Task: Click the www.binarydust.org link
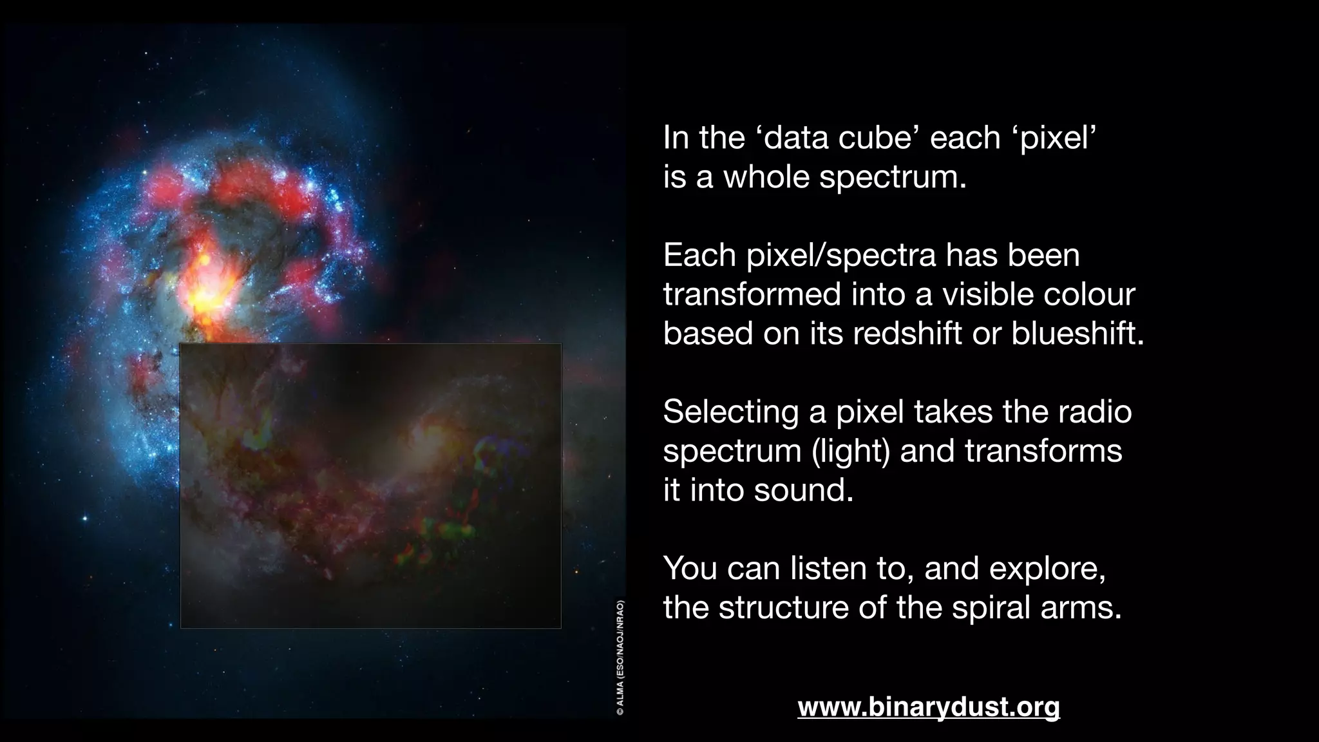pyautogui.click(x=928, y=707)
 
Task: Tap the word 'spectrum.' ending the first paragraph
pyautogui.click(x=893, y=177)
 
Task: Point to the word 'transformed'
pyautogui.click(x=752, y=295)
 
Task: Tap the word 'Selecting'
pyautogui.click(x=730, y=412)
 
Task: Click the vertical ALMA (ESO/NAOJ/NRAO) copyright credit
pyautogui.click(x=620, y=657)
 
